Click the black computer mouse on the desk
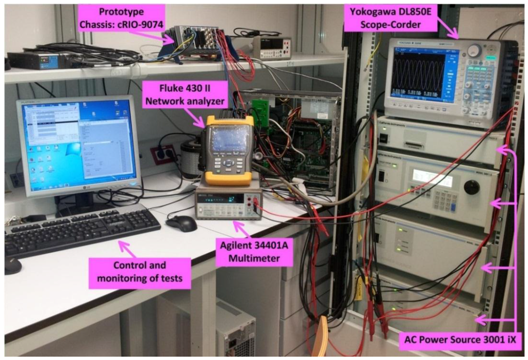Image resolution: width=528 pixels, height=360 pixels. [181, 223]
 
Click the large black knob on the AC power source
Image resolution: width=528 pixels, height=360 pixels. [471, 187]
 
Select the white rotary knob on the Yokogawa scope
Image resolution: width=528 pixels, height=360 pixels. [474, 50]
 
